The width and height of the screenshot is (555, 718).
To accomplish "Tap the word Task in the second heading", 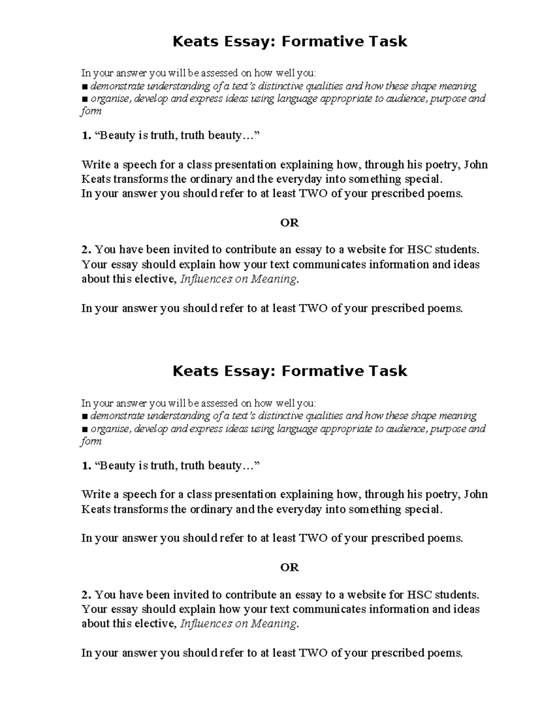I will [x=388, y=371].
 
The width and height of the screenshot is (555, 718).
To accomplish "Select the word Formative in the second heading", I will [x=319, y=371].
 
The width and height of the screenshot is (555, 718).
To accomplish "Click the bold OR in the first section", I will [x=290, y=223].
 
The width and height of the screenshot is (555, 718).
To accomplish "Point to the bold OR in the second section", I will [x=290, y=567].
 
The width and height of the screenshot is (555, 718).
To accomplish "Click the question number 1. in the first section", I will [x=86, y=135].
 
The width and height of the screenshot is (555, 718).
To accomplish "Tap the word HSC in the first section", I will [x=419, y=250].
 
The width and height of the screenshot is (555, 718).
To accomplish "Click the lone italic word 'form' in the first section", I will [x=91, y=111].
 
